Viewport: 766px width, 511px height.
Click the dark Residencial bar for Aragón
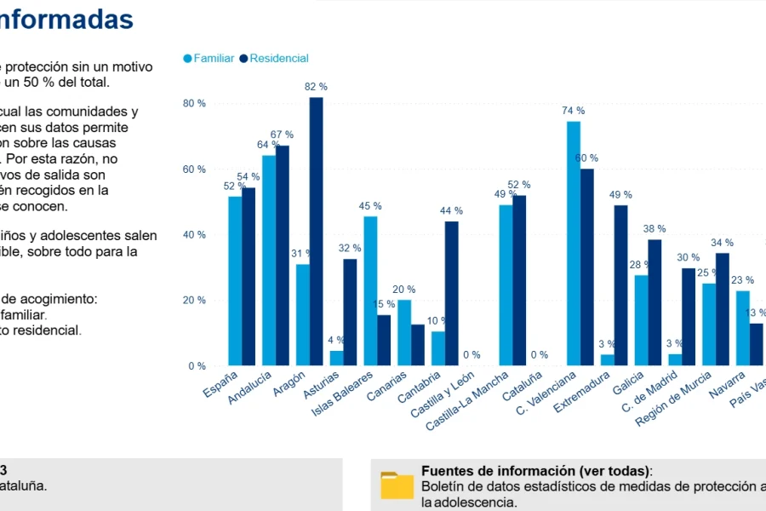[316, 232]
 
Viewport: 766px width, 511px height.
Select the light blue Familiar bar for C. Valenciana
[574, 244]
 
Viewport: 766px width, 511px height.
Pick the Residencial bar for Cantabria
[451, 293]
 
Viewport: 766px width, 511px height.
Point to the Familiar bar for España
[235, 281]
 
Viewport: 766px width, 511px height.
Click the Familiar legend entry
[209, 59]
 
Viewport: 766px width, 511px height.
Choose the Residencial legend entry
[274, 59]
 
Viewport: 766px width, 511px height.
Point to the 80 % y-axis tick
[195, 103]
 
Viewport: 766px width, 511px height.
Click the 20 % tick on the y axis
[195, 300]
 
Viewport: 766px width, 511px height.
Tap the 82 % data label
[316, 87]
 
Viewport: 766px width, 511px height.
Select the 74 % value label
[573, 111]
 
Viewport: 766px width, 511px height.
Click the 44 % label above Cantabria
[451, 210]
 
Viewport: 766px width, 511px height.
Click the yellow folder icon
[397, 485]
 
